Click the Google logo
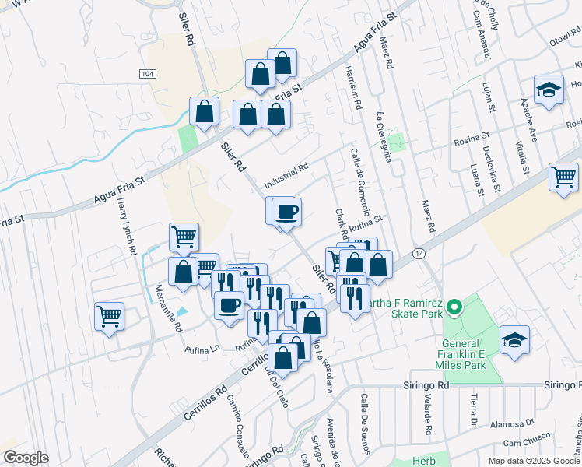[x=25, y=458]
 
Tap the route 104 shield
[x=148, y=73]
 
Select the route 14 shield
[x=419, y=254]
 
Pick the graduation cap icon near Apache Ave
[x=549, y=90]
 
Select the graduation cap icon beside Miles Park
[x=514, y=340]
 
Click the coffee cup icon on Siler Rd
[x=286, y=211]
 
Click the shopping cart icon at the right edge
[x=564, y=177]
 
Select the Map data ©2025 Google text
[x=533, y=460]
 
